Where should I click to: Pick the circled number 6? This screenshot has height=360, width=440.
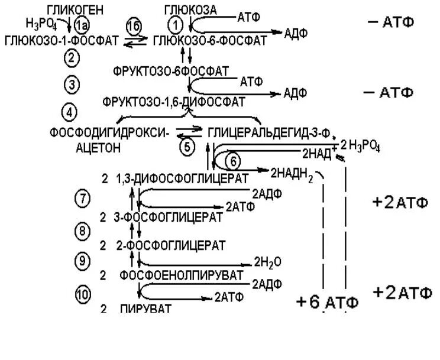point(233,161)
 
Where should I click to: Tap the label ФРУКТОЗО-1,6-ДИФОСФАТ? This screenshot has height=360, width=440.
point(173,102)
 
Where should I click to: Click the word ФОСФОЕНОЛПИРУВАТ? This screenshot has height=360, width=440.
point(181,275)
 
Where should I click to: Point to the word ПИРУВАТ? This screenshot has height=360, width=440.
point(145,308)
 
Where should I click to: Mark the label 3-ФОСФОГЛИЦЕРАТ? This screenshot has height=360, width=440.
point(168,217)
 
